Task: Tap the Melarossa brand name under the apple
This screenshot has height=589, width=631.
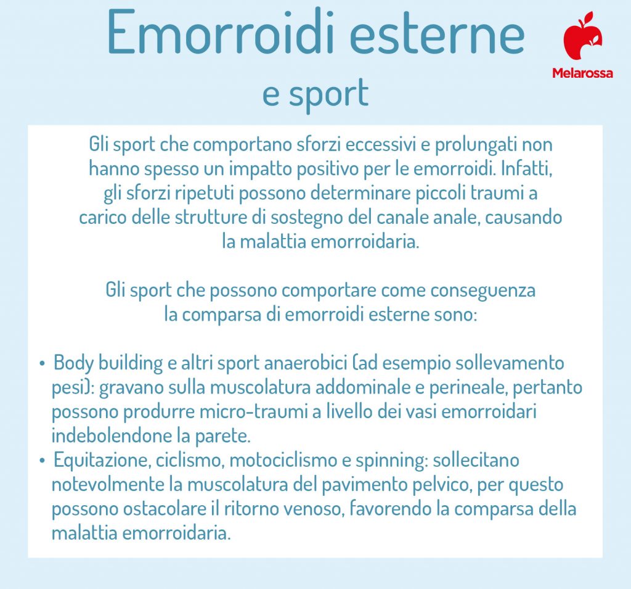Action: point(582,73)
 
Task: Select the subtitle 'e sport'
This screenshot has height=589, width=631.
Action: point(315,94)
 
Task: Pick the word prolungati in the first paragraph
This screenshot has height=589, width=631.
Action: point(470,146)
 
